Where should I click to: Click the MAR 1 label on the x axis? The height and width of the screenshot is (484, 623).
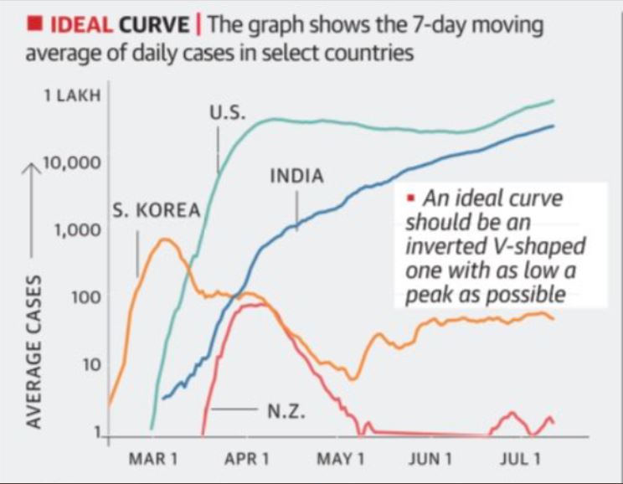tap(152, 461)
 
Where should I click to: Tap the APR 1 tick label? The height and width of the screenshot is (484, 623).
tap(247, 461)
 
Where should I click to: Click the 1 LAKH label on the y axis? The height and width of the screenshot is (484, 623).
tap(72, 95)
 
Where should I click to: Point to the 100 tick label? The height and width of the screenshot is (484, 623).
tap(85, 297)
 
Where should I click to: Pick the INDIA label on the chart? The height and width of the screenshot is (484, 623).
tap(296, 177)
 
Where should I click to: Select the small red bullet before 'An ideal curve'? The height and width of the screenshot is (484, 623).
tap(410, 199)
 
